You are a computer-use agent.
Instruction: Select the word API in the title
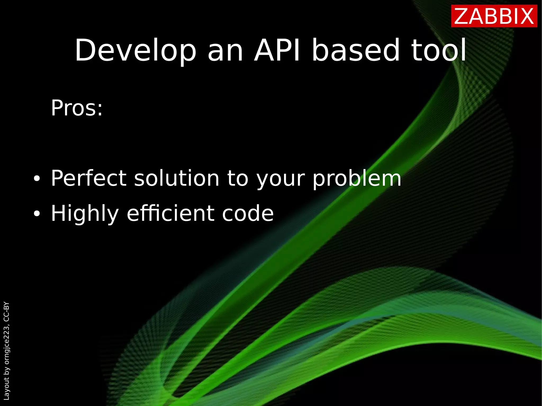pos(277,50)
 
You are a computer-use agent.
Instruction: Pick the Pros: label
pos(77,108)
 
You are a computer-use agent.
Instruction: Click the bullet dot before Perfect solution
pos(37,179)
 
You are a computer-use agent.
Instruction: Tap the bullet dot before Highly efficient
pos(37,214)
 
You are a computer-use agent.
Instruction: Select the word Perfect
pos(89,178)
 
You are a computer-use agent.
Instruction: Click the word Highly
pos(85,214)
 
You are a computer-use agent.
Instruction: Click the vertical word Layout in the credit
pos(6,389)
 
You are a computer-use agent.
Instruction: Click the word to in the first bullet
pos(238,178)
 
